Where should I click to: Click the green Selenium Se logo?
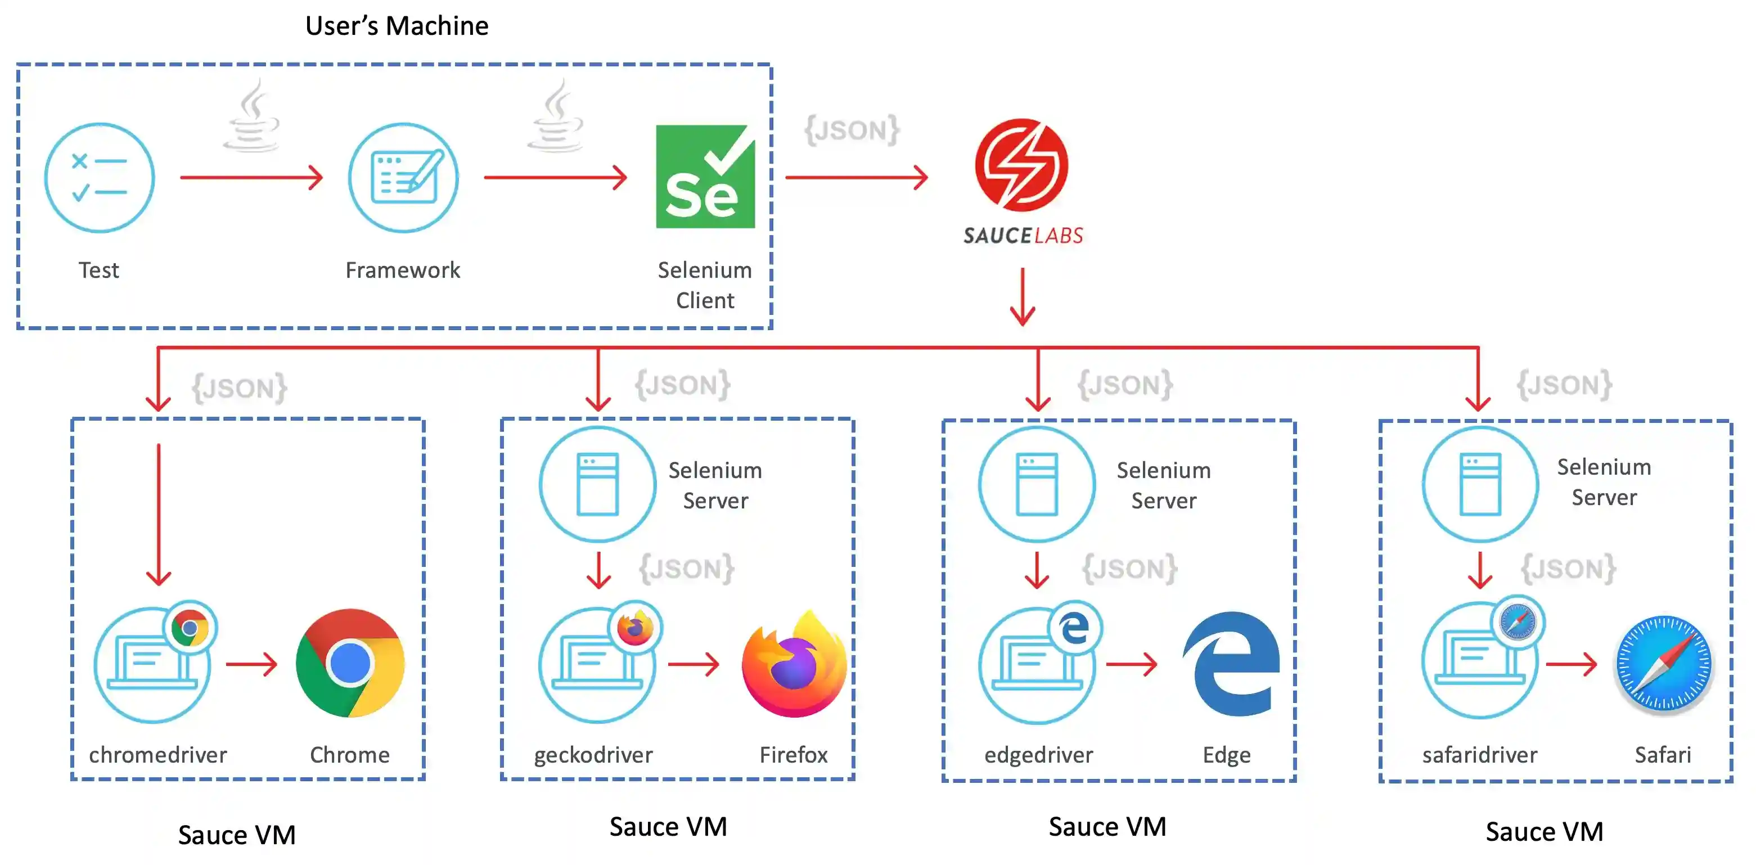point(705,177)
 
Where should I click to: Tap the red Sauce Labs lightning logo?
point(1021,164)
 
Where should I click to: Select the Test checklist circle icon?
point(100,178)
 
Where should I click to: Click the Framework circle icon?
point(403,178)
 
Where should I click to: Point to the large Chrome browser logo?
point(350,663)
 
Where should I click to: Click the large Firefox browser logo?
point(794,665)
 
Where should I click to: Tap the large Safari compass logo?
point(1663,663)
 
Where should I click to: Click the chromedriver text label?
point(157,755)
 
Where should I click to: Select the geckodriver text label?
point(593,755)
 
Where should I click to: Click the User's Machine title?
point(397,26)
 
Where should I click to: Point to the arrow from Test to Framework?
point(251,177)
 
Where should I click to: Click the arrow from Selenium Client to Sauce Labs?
point(856,177)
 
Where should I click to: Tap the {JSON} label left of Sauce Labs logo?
point(852,129)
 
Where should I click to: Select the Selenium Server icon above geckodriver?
point(598,484)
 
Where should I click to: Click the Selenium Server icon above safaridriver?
point(1480,484)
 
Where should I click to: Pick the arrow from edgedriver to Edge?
point(1131,663)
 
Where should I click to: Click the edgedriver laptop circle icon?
point(1036,665)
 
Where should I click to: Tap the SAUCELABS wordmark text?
point(1023,235)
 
